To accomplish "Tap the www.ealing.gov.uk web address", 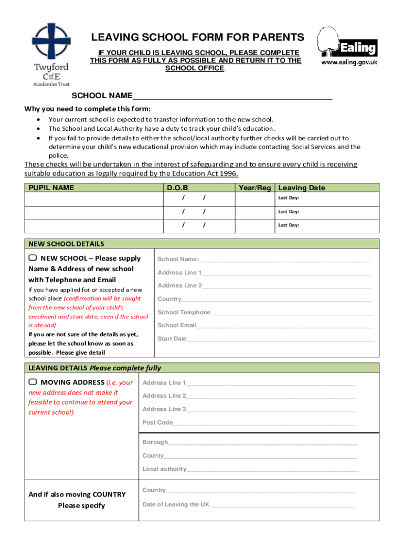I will [x=349, y=62].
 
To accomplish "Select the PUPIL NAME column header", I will [x=51, y=188].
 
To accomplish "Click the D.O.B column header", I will [x=177, y=188].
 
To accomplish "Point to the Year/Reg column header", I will [x=255, y=188].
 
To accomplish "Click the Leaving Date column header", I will [x=302, y=188].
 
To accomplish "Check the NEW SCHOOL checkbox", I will [x=33, y=258].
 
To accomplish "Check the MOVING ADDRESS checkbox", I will [x=33, y=382].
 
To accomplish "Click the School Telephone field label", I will [x=184, y=312].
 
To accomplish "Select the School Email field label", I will [x=177, y=325].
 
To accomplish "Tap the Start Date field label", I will [x=172, y=339].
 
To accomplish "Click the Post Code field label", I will [x=157, y=422].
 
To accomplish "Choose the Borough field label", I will [x=155, y=442].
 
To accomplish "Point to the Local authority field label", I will [x=164, y=469].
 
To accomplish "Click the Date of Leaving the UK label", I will [x=176, y=504].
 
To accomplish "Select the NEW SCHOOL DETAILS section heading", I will [x=66, y=244].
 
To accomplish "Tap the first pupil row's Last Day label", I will [x=289, y=198].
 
